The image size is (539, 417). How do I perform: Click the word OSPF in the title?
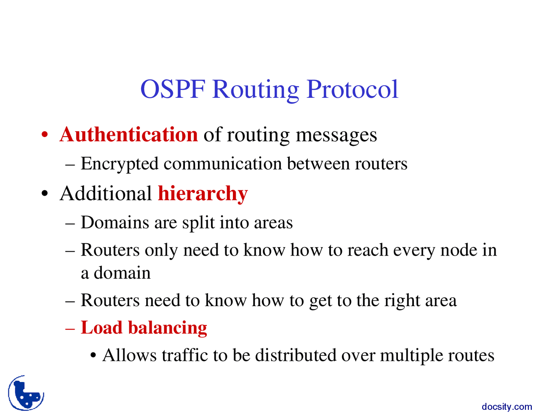tap(173, 89)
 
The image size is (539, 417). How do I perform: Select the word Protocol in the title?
tap(352, 89)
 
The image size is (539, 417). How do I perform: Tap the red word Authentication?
tap(129, 135)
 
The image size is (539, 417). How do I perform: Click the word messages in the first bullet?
tap(336, 136)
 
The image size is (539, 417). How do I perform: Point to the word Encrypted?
tap(120, 164)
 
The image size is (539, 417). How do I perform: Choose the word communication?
tap(223, 164)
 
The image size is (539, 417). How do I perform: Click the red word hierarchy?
tap(203, 194)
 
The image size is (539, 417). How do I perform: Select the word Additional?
tap(106, 193)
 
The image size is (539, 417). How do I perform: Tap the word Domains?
tap(115, 222)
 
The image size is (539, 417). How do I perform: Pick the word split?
tap(198, 223)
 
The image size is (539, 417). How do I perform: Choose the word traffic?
tap(185, 355)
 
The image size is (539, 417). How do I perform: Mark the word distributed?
tap(296, 355)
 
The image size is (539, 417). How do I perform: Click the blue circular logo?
tap(26, 393)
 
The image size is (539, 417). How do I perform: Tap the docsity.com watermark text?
tap(507, 407)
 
